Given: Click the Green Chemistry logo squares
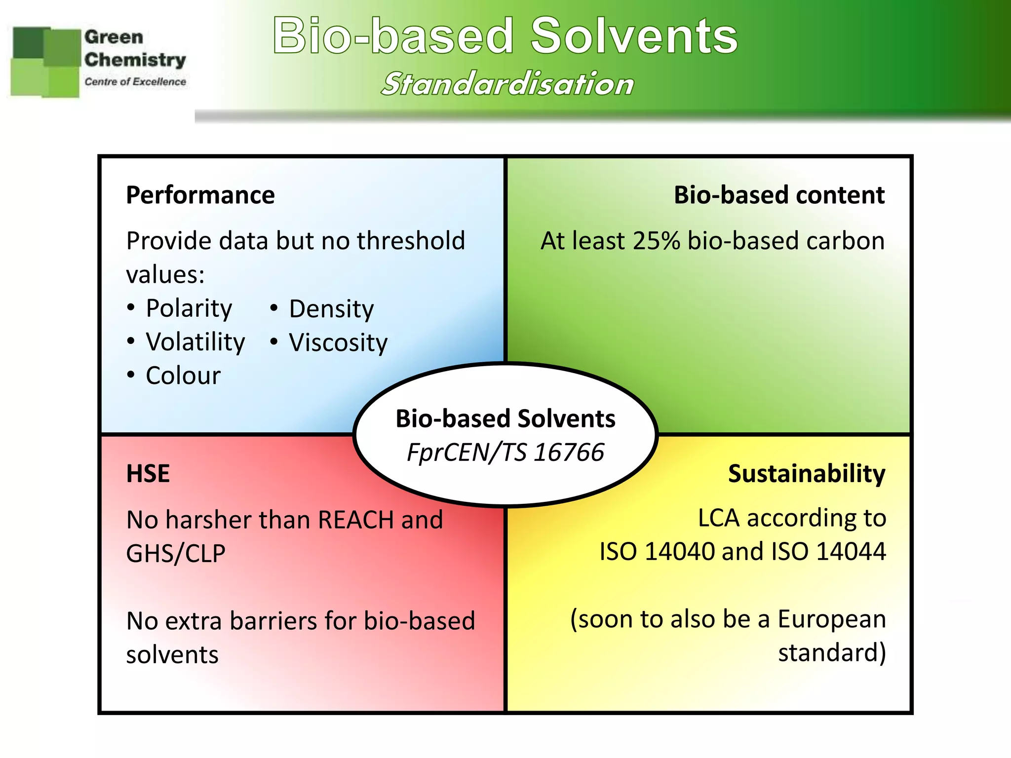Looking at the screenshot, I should [45, 62].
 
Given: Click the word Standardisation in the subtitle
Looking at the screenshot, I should [507, 84].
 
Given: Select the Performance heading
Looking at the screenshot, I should [200, 195].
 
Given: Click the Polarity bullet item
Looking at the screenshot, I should [189, 309].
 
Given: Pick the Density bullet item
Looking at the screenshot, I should [331, 309].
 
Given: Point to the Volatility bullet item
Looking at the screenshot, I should [195, 342].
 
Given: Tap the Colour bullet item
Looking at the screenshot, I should [183, 376].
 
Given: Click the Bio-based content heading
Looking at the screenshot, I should [778, 195].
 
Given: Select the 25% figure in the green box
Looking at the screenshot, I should [656, 241].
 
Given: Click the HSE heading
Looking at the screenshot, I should [148, 474].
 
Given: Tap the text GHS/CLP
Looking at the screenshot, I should [176, 554].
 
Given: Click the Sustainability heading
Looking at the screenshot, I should [806, 474].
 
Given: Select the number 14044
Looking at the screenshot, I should [851, 552].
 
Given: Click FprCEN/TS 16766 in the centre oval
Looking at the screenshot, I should [505, 453].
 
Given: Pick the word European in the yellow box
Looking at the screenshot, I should [831, 619].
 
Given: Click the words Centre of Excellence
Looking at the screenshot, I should [135, 82].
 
